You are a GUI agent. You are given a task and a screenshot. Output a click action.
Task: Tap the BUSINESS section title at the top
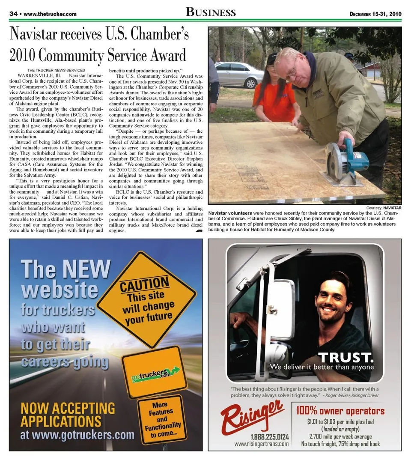coord(211,12)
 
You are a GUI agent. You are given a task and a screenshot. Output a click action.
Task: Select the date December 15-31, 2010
coord(375,14)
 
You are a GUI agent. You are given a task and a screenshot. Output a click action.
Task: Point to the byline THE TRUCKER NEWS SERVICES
coord(56,70)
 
